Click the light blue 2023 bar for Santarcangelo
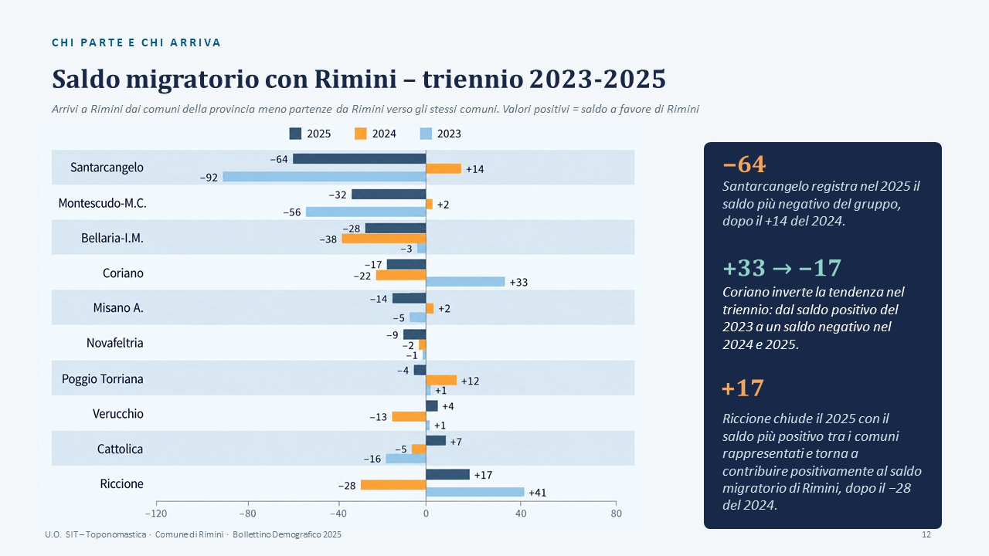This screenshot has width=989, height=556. click(x=324, y=177)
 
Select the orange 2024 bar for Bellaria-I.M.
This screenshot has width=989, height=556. click(x=384, y=239)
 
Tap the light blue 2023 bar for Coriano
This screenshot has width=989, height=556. click(x=465, y=282)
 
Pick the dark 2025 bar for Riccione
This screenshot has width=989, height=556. click(x=447, y=474)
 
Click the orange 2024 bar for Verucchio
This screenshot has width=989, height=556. click(x=409, y=416)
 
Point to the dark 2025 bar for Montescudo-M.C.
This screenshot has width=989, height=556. click(x=389, y=194)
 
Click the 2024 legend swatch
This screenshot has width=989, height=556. click(x=360, y=134)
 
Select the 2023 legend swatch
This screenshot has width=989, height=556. click(x=426, y=134)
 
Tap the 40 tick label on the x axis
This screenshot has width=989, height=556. click(x=521, y=514)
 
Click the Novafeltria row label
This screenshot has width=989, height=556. click(x=115, y=343)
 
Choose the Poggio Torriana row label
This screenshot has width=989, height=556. click(x=103, y=379)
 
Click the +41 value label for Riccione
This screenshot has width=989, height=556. click(x=537, y=493)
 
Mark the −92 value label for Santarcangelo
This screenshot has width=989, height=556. click(x=209, y=178)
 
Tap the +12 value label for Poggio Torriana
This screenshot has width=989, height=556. click(x=470, y=381)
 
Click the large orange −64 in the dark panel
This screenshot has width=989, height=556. click(x=744, y=164)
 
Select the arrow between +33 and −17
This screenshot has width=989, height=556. click(x=782, y=268)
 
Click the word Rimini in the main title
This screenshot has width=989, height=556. click(x=355, y=80)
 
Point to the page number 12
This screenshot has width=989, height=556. click(x=926, y=534)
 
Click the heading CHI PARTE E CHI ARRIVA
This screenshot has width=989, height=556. click(x=136, y=42)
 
